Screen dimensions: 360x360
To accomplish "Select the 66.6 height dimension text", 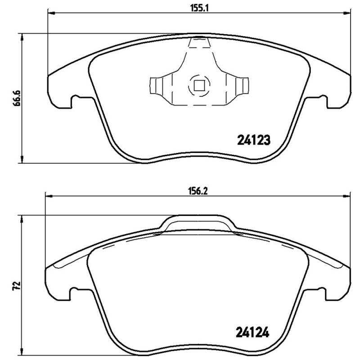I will click(17, 97).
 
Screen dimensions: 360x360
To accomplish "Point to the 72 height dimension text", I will click(17, 285).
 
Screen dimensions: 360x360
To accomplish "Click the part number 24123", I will click(253, 140).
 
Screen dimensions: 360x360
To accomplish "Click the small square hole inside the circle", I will click(198, 84).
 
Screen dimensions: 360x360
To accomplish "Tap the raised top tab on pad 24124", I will click(198, 223).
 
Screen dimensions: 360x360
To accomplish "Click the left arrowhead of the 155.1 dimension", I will click(50, 14).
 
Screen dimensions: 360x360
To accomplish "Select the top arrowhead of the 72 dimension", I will click(21, 217).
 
